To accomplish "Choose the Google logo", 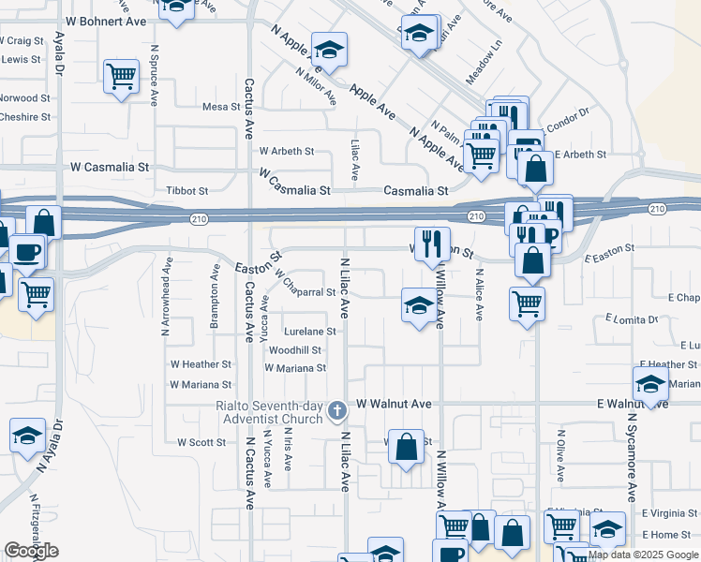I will click(31, 551).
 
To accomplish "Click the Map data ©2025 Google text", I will click(643, 555).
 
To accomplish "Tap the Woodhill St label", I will click(295, 350).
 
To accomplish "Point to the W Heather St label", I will click(200, 364).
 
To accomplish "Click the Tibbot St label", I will click(186, 191).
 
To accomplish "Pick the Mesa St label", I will click(222, 107).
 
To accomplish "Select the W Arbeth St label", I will click(287, 151).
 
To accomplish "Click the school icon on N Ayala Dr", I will click(27, 435).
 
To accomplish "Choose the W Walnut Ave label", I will click(393, 404).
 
